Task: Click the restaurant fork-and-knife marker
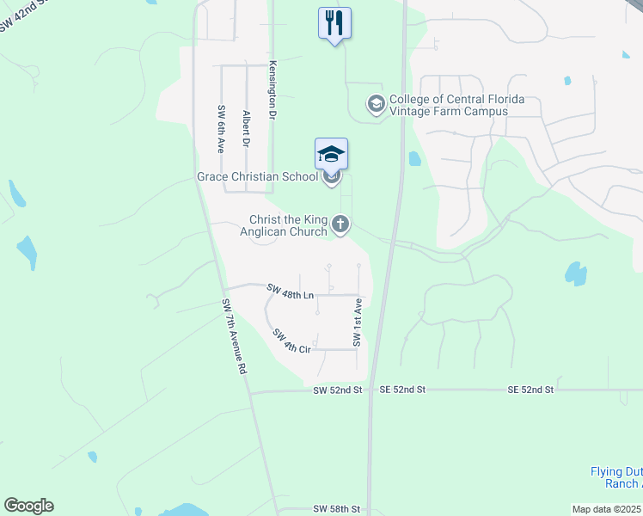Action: click(334, 23)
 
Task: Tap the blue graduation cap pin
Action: click(332, 155)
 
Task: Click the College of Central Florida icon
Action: click(376, 104)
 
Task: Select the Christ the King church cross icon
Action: click(340, 225)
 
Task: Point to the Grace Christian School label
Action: click(257, 176)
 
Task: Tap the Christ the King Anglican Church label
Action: click(289, 225)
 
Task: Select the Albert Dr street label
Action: click(247, 129)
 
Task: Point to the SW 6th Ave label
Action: click(222, 130)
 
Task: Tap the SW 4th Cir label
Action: click(291, 341)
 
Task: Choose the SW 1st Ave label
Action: click(357, 329)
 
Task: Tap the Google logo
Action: click(28, 506)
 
